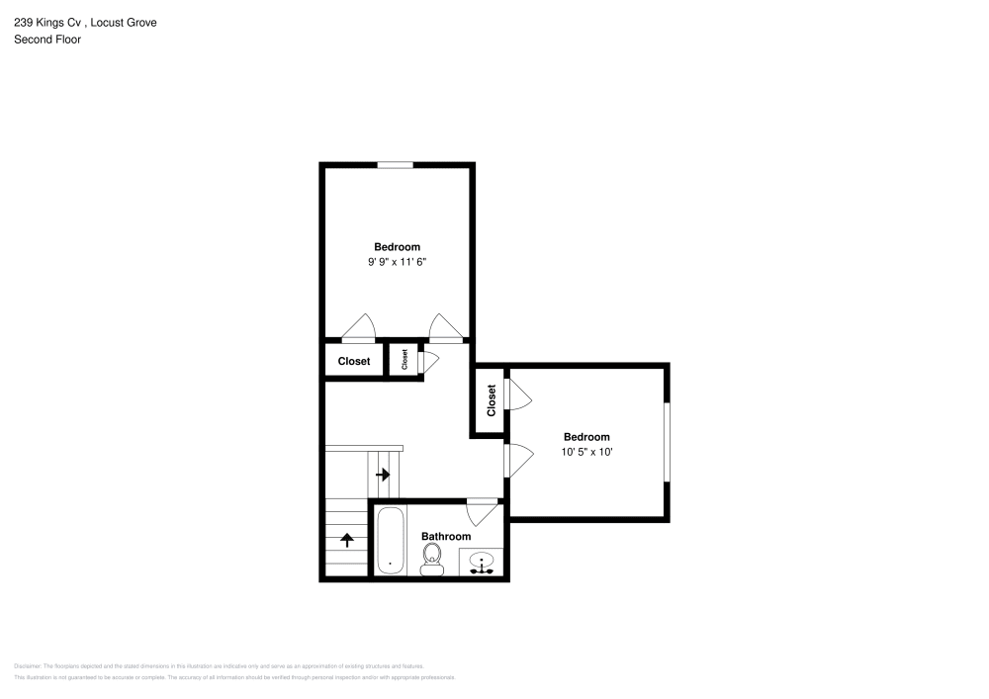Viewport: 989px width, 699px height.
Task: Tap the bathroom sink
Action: point(483,564)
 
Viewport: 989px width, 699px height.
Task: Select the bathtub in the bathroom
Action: point(390,540)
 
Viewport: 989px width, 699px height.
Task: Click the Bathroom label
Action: point(446,537)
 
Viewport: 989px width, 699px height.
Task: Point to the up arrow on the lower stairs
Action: point(348,540)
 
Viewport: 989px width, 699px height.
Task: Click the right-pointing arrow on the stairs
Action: point(383,475)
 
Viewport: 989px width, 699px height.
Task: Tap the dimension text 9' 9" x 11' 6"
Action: point(397,262)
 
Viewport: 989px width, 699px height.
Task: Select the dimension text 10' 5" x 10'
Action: point(586,452)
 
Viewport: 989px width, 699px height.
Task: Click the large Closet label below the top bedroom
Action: point(354,362)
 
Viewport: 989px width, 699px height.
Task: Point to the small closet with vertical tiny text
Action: point(405,360)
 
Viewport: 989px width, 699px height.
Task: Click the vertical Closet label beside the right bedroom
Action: point(491,400)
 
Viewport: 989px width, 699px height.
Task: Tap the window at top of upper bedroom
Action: point(396,165)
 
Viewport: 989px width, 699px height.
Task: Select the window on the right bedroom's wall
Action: point(667,442)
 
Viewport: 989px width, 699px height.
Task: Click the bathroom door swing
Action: point(482,511)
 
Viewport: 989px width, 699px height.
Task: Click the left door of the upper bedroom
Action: point(358,327)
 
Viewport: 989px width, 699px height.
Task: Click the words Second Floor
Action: point(47,40)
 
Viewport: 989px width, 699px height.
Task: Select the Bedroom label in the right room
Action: point(586,437)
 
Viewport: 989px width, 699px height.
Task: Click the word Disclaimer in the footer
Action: point(26,666)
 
